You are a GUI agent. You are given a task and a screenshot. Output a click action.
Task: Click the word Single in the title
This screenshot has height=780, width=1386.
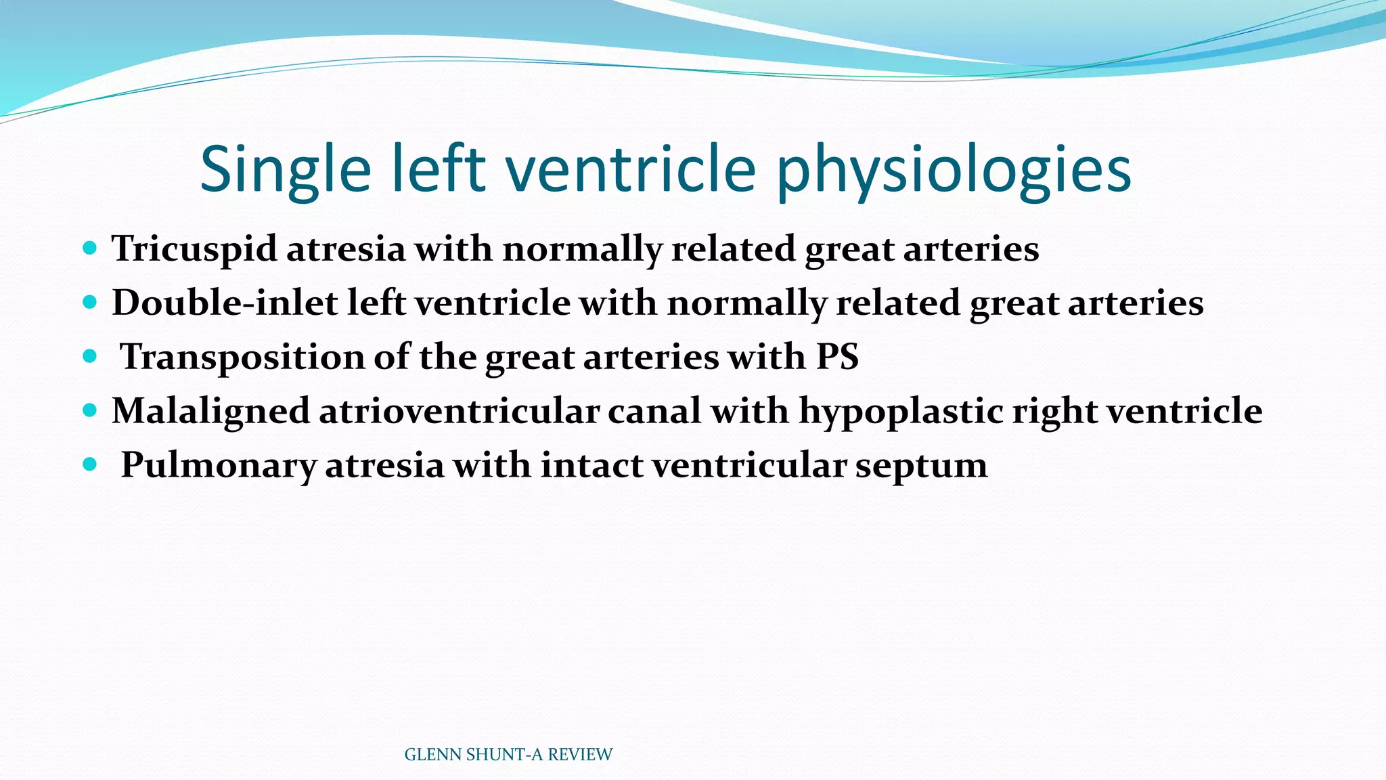(x=285, y=169)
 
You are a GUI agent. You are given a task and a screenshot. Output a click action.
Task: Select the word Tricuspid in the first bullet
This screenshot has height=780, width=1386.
(x=194, y=248)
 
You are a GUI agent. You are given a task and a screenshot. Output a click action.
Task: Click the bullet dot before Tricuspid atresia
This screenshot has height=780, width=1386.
(x=89, y=247)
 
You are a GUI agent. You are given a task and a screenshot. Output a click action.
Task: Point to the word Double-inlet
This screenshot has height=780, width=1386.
(x=225, y=303)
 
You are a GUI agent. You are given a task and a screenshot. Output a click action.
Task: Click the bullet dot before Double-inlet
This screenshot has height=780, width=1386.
(x=89, y=301)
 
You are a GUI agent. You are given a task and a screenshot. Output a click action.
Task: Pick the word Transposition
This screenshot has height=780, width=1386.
(x=242, y=357)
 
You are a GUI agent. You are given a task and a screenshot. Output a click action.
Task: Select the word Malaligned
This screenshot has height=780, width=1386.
(x=210, y=411)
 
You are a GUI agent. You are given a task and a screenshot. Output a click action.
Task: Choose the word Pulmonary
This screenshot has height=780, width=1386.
(x=218, y=465)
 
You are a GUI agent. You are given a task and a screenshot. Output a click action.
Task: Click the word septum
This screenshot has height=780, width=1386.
(x=921, y=465)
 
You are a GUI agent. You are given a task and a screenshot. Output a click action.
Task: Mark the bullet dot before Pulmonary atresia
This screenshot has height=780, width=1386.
(x=89, y=464)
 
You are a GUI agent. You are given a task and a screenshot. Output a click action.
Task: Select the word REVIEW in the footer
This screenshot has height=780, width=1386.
(x=579, y=755)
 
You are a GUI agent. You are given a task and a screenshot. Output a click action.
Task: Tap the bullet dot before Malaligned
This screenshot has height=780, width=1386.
(x=89, y=410)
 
